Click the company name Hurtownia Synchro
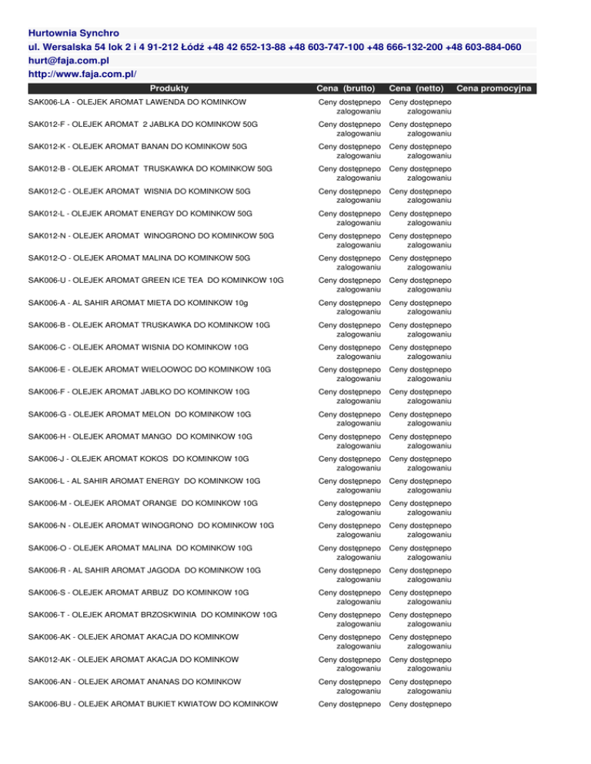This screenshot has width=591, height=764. [x=73, y=34]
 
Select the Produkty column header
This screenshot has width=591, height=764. [x=170, y=89]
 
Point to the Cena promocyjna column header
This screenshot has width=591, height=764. [x=502, y=89]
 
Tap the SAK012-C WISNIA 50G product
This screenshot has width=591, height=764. [x=139, y=191]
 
